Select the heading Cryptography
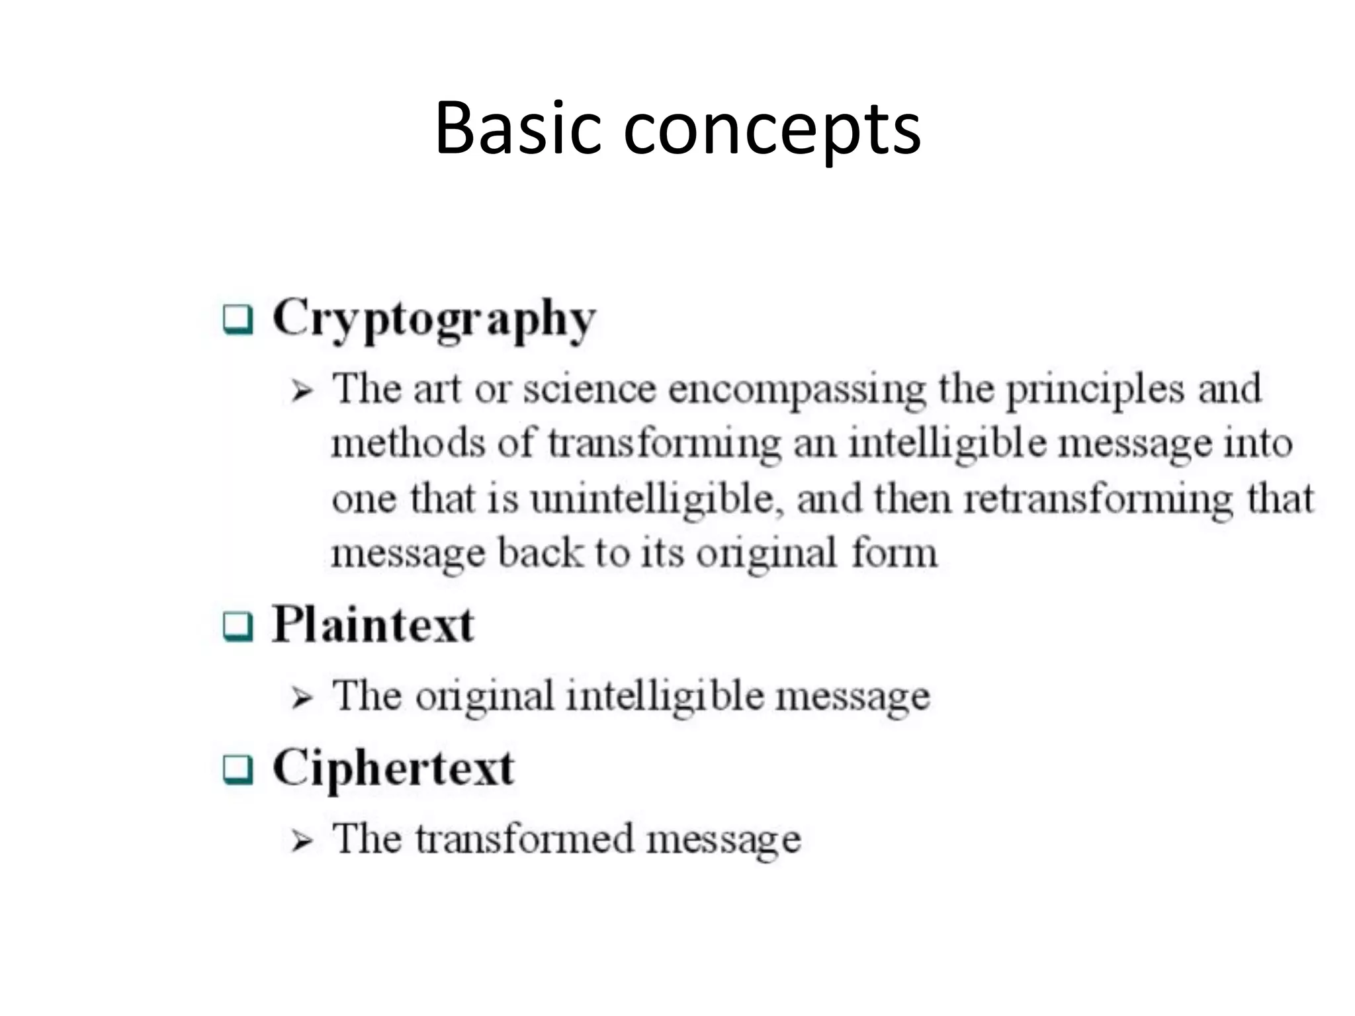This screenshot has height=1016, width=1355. (434, 319)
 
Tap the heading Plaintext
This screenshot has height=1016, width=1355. (373, 624)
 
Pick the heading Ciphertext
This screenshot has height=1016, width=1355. (393, 769)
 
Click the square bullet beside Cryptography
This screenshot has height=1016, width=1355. (238, 320)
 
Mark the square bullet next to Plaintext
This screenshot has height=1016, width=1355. (238, 626)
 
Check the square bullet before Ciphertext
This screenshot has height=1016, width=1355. (238, 770)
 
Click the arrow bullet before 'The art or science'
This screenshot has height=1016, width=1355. (302, 392)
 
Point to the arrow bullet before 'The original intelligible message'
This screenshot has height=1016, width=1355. (302, 698)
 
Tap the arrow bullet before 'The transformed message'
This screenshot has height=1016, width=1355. (302, 841)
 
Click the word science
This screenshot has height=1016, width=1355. (589, 389)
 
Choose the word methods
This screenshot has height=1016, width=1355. (408, 443)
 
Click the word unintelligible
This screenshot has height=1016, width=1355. (652, 500)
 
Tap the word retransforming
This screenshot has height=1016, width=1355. (1099, 500)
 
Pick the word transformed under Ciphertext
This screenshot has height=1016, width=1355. (525, 839)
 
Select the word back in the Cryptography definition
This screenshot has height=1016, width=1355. (540, 553)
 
